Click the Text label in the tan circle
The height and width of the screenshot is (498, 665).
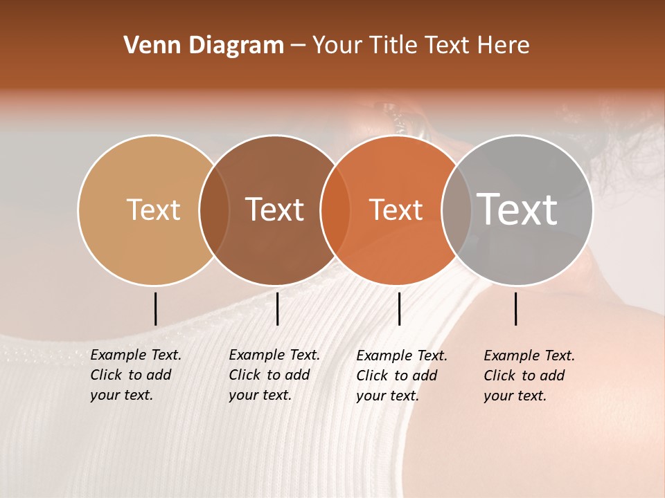(153, 210)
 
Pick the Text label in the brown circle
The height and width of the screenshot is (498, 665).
(275, 210)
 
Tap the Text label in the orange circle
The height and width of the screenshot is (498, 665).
(396, 210)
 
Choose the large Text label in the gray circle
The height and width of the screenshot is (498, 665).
(517, 210)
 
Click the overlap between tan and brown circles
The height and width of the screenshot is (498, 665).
(214, 210)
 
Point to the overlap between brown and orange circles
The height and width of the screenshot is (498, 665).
(335, 210)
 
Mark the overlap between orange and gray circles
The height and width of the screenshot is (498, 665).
(456, 210)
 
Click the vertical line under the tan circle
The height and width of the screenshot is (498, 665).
(155, 308)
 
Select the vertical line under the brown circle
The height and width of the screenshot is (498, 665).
(277, 308)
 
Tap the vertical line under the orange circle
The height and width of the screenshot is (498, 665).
(399, 308)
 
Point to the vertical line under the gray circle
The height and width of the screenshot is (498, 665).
(515, 308)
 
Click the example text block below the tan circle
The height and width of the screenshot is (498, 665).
(136, 375)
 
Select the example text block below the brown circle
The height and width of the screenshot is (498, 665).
(274, 375)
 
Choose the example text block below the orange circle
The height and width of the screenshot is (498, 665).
(402, 376)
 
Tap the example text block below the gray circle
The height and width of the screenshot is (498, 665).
(529, 376)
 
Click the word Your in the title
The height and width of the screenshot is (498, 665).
(337, 46)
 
